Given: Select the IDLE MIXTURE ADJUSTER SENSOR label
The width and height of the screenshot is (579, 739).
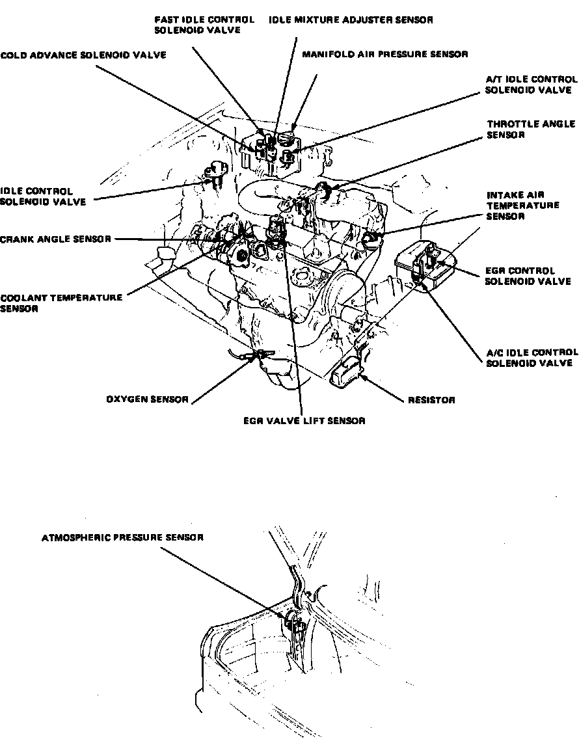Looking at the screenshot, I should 351,20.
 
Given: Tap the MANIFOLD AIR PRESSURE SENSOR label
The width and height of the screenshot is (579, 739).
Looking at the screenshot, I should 384,55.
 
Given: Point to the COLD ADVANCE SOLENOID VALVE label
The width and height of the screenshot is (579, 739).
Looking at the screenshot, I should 83,55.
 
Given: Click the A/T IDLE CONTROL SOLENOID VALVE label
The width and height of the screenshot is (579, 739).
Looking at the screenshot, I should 532,85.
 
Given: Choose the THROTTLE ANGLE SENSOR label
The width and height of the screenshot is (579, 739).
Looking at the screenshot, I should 531,129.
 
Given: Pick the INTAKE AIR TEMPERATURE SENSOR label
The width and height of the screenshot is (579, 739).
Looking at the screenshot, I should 523,206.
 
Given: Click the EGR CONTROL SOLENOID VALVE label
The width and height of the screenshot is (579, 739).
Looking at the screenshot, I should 528,276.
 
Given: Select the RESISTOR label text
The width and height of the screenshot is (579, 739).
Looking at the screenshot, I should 431,400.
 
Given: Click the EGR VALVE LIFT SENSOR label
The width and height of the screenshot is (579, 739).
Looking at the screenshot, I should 304,421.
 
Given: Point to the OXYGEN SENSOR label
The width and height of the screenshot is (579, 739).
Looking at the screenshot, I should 147,399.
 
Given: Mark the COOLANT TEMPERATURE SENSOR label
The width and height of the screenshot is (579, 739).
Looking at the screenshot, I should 61,303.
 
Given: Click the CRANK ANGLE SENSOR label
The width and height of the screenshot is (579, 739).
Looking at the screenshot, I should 56,239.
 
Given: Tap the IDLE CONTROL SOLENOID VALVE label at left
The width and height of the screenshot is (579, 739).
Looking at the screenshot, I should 43,196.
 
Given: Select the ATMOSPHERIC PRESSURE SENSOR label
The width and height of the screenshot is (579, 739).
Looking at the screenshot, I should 122,538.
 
